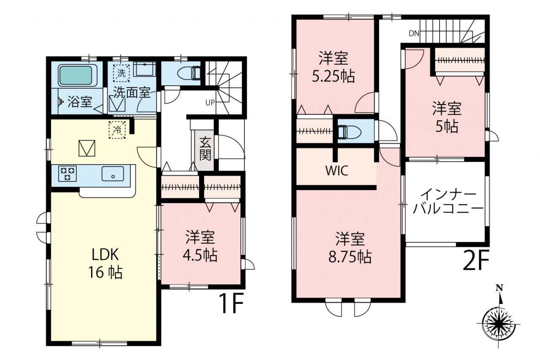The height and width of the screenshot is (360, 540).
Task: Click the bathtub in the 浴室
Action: pyautogui.click(x=76, y=75)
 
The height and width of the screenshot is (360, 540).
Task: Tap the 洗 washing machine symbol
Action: pyautogui.click(x=121, y=73)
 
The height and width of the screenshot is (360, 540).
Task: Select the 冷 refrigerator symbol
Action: pyautogui.click(x=117, y=130)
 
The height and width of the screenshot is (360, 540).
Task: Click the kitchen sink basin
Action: pyautogui.click(x=113, y=173)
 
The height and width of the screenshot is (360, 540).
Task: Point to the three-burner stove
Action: pyautogui.click(x=67, y=173)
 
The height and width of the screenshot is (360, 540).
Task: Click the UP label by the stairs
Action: pyautogui.click(x=210, y=103)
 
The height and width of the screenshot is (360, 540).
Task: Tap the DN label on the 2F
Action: pyautogui.click(x=414, y=33)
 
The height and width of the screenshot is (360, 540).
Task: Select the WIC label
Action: pyautogui.click(x=337, y=171)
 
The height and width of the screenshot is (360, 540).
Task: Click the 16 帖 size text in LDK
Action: pyautogui.click(x=105, y=273)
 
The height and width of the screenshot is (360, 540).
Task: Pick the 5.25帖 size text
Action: pyautogui.click(x=333, y=76)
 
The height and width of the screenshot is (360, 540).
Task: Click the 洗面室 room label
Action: pyautogui.click(x=132, y=92)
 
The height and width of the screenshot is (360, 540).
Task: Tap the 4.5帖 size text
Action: pyautogui.click(x=200, y=256)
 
